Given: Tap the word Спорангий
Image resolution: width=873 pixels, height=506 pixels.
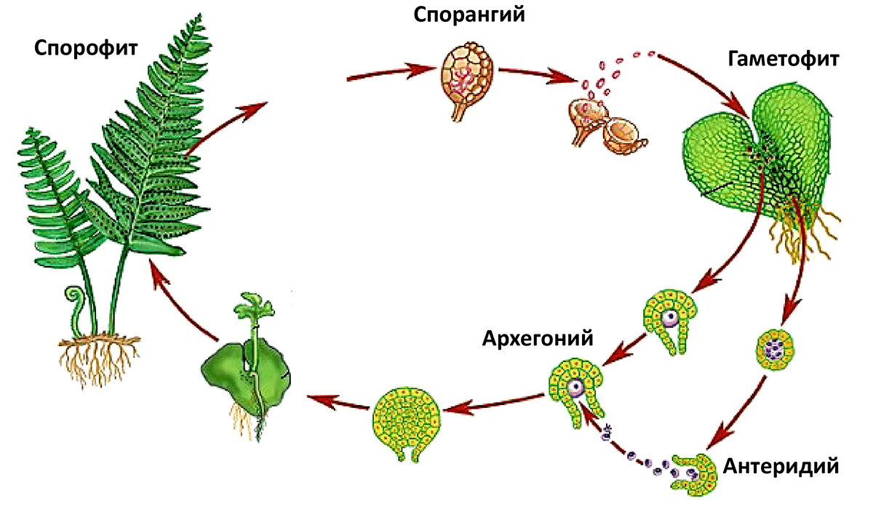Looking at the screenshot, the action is (x=469, y=15).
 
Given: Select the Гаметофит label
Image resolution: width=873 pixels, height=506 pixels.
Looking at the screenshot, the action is (x=784, y=60).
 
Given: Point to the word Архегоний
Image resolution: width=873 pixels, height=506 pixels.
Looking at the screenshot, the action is (x=538, y=338).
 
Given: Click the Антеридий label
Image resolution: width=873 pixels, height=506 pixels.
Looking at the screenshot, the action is (x=781, y=466).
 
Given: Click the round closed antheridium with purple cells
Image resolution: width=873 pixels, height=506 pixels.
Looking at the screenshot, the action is (x=776, y=350).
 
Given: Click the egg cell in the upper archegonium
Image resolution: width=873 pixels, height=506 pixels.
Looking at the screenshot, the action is (x=670, y=318).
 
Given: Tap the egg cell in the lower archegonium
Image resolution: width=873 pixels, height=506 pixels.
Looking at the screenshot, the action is (x=575, y=387).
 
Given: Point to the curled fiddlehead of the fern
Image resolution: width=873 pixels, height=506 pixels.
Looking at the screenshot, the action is (x=75, y=308).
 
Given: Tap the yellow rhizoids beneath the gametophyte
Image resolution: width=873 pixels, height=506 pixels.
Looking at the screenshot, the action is (x=803, y=230).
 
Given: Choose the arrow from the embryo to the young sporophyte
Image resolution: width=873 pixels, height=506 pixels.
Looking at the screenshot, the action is (x=338, y=402).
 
